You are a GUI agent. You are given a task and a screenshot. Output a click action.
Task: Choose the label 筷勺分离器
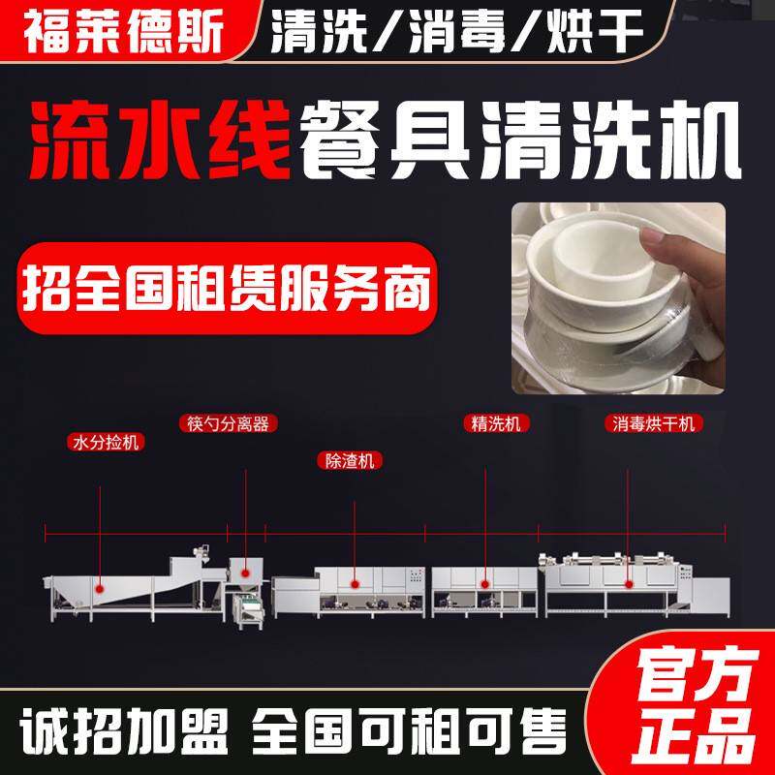226,423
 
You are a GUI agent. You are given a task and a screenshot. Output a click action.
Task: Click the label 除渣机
349,461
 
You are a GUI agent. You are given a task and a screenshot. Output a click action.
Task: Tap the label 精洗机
487,423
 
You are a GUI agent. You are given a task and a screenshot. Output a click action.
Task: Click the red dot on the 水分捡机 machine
101,583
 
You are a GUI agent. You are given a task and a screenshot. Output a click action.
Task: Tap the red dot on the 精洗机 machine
484,583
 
